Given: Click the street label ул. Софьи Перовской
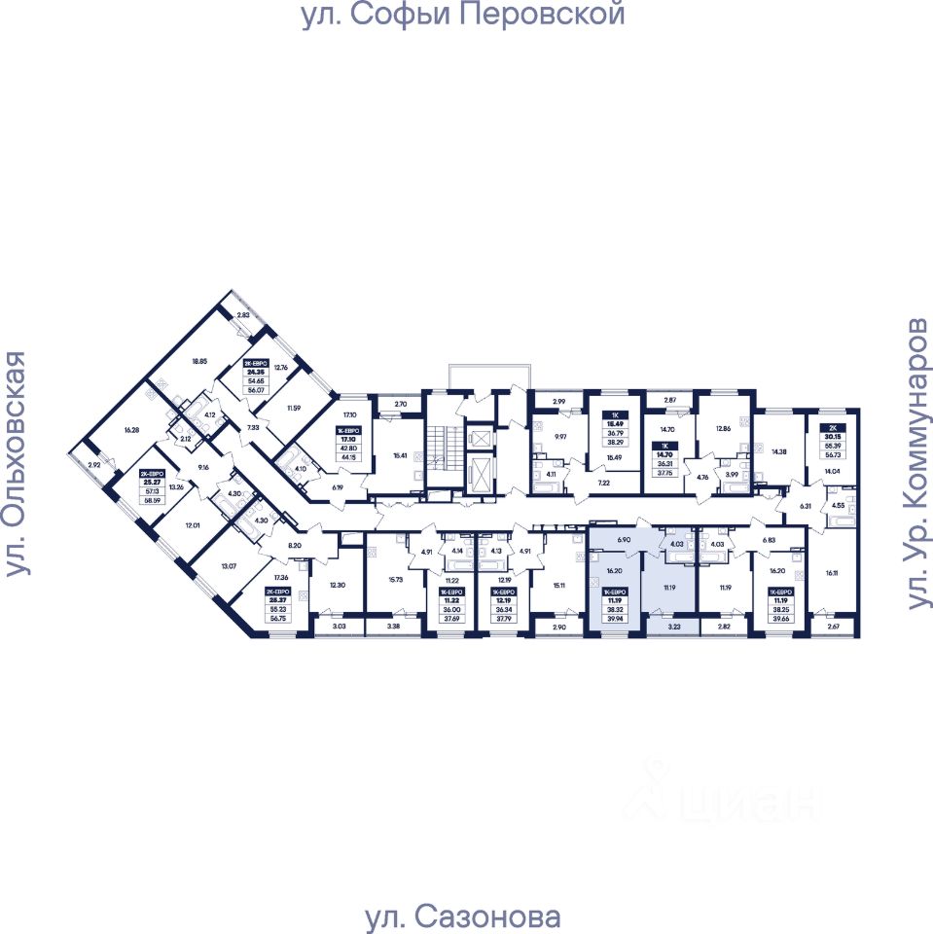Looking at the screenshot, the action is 462,17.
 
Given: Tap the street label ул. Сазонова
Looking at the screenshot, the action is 462,916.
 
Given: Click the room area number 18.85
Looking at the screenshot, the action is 199,361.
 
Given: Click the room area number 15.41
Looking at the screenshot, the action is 399,454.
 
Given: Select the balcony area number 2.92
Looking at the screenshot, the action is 94,466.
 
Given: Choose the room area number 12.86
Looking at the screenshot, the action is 723,427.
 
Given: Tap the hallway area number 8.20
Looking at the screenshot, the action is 296,547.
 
